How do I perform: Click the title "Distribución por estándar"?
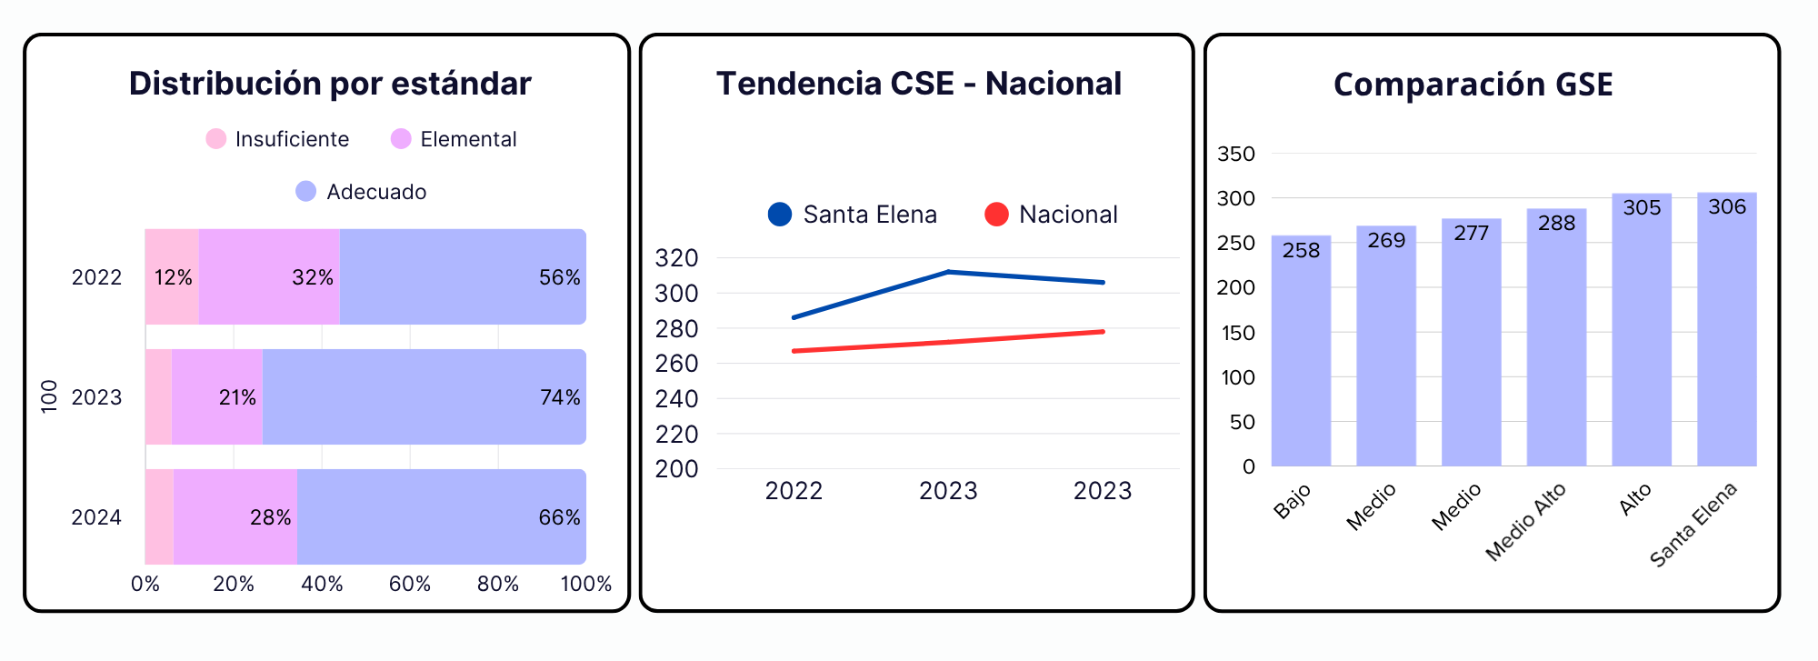click(330, 84)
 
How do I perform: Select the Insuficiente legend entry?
click(277, 139)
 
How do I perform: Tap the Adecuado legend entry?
click(361, 192)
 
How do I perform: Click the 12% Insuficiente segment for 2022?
click(172, 276)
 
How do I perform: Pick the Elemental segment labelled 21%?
click(217, 396)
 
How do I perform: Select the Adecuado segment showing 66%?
click(442, 516)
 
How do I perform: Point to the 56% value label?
click(559, 277)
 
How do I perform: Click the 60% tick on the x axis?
click(410, 584)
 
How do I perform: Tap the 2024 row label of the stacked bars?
click(96, 517)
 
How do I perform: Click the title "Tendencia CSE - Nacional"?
click(919, 84)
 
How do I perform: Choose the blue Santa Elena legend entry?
click(852, 215)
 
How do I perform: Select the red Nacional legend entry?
click(1051, 215)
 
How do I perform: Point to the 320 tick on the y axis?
click(676, 258)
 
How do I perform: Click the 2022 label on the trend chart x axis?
click(794, 491)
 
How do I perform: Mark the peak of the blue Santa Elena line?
click(948, 271)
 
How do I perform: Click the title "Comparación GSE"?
click(1473, 85)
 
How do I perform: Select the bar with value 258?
click(1301, 351)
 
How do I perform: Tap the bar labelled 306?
click(1726, 329)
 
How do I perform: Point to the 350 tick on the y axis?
click(1236, 154)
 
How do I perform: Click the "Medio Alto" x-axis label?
click(1526, 521)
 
